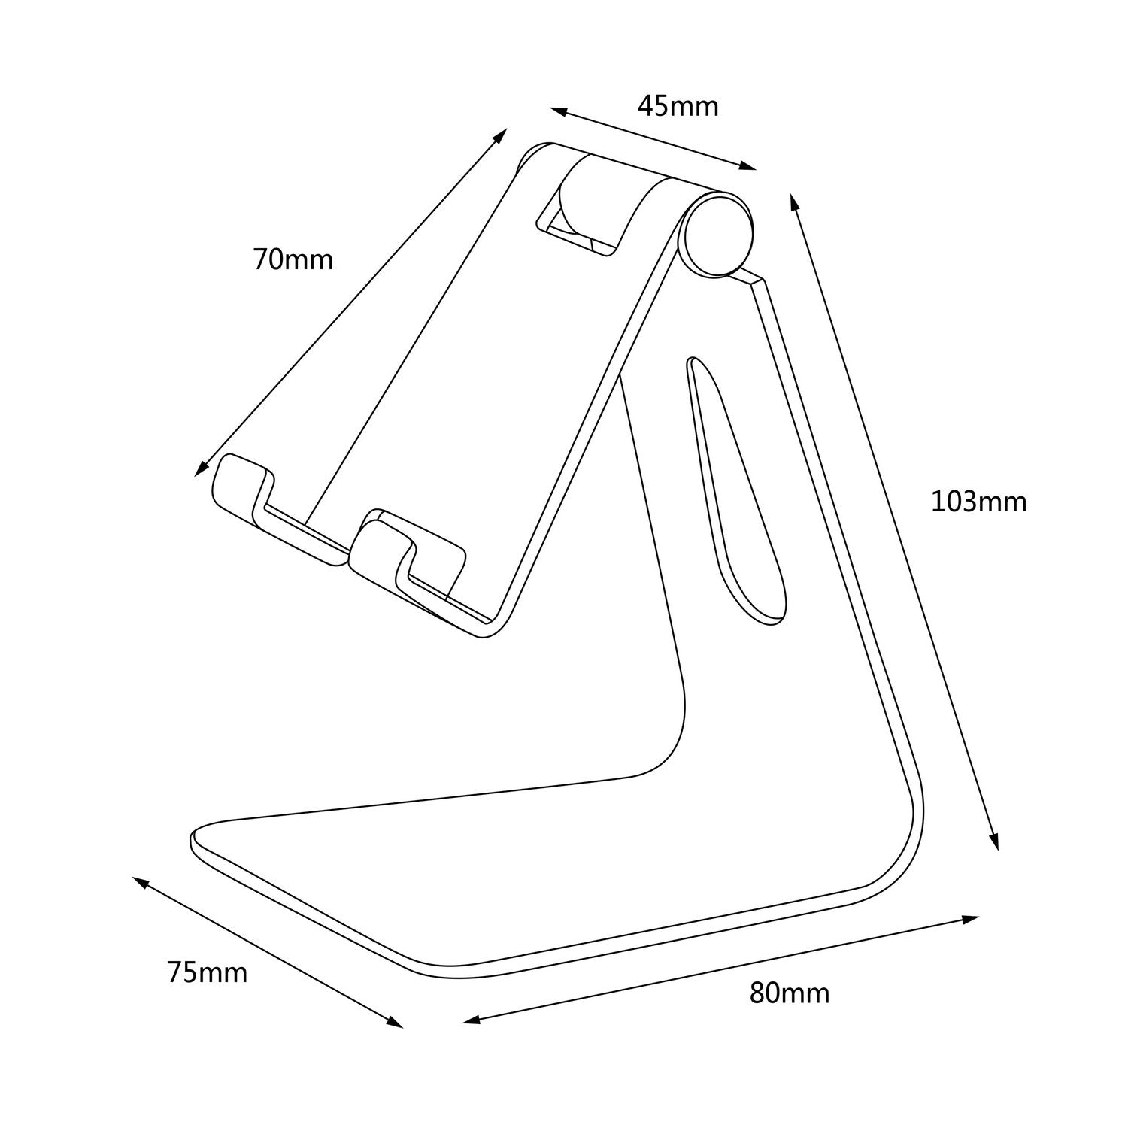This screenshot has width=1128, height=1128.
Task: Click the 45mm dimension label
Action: coord(678,107)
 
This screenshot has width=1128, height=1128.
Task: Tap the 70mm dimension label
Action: coord(293,260)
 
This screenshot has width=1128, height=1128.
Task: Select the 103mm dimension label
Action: coord(978,501)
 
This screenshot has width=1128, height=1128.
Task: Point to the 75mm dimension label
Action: coord(207,972)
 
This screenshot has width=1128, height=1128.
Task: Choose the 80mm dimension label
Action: coord(789,993)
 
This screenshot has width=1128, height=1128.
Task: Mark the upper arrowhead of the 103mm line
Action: coord(793,201)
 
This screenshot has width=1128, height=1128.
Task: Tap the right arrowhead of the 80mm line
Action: coord(971,919)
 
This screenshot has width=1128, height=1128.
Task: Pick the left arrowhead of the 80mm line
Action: coord(471,1020)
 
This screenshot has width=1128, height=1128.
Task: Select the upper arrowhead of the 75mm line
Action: coord(140,881)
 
